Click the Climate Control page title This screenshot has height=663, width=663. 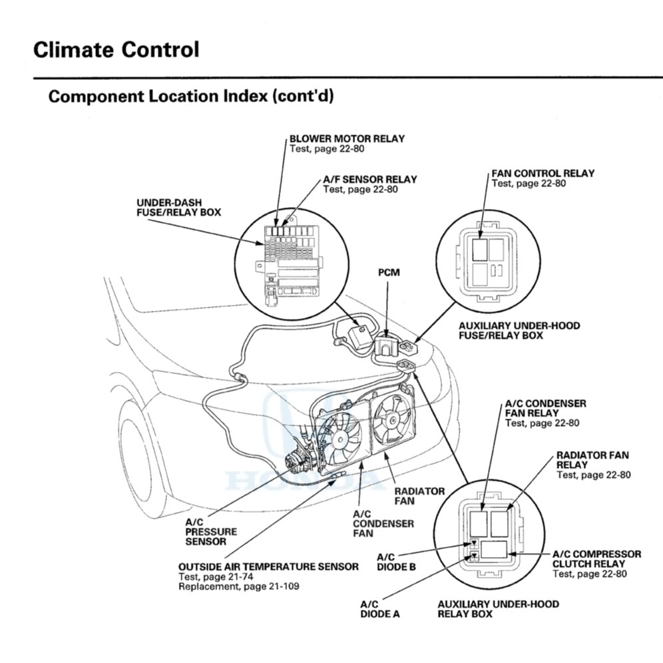tap(116, 49)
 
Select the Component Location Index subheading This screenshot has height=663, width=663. tap(191, 96)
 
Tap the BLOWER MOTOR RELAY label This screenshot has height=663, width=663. tap(347, 138)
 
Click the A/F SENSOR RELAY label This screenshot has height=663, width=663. tap(370, 179)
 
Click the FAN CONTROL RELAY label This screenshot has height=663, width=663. tap(543, 173)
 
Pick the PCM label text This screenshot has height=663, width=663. tap(389, 272)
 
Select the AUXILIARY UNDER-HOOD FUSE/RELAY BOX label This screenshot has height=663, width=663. tap(519, 331)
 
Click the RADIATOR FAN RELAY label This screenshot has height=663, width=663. tap(592, 459)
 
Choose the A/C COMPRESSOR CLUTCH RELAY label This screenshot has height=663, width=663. tap(596, 558)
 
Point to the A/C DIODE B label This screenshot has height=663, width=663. tap(396, 561)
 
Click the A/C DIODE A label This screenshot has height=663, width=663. tap(380, 608)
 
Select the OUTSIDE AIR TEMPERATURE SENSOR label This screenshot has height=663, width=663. tap(268, 566)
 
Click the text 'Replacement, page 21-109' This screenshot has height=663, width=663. tap(238, 586)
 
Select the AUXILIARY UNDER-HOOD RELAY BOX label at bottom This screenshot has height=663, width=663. tap(498, 608)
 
